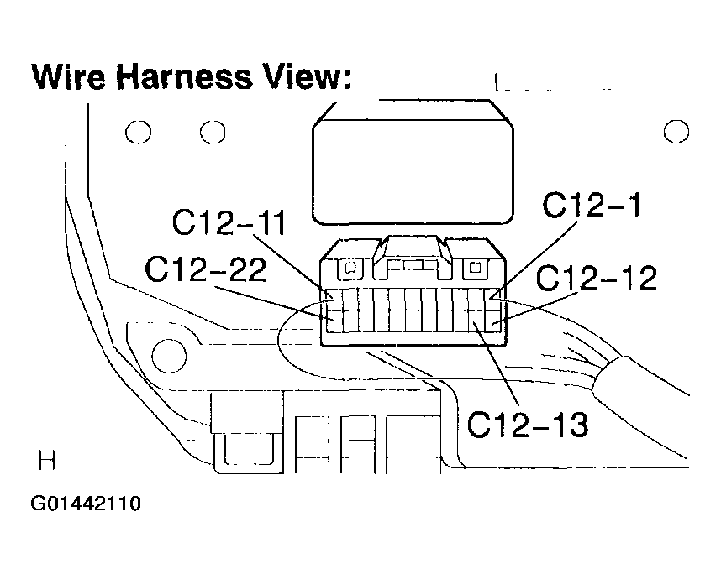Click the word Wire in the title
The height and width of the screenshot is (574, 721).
click(69, 76)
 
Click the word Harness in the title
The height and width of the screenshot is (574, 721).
click(184, 76)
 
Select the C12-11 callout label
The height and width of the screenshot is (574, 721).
click(229, 222)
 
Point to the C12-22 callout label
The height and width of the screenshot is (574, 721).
click(205, 269)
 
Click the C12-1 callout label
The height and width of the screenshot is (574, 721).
click(592, 205)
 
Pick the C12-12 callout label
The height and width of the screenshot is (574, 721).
click(597, 278)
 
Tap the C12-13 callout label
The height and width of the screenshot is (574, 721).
click(528, 425)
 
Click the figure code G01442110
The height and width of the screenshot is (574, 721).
click(86, 504)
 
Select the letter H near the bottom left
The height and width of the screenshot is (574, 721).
click(47, 461)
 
